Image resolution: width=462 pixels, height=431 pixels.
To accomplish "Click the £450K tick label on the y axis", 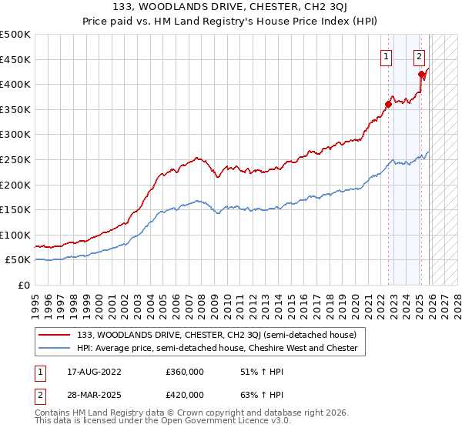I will coord(15,59).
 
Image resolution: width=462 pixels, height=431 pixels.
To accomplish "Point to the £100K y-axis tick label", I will coord(15,235).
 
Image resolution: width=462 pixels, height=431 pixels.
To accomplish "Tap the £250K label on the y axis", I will coord(15,159).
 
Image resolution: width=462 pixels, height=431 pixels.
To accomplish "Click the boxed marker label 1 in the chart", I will coord(385,55).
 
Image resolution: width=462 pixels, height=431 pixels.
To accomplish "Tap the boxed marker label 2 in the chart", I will coord(419,55).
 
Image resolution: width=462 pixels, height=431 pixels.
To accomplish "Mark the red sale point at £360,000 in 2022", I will coord(388,105).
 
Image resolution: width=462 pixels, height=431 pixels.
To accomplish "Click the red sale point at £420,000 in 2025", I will coord(422,75).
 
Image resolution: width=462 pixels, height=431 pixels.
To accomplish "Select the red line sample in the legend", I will coord(55,336).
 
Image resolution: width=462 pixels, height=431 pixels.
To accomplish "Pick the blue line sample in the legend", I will coord(55,348).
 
